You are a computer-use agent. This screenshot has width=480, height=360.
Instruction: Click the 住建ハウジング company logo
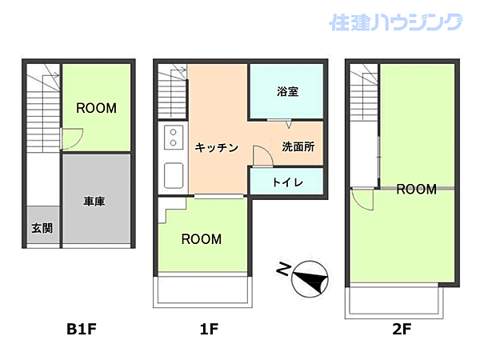(395, 22)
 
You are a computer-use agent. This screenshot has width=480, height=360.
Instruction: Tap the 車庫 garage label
(94, 202)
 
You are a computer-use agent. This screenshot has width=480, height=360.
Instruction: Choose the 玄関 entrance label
(42, 228)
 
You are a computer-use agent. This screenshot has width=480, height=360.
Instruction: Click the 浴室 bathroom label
(287, 91)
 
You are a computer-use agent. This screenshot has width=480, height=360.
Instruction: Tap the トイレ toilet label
(287, 182)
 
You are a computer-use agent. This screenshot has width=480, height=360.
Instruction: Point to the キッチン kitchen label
(216, 147)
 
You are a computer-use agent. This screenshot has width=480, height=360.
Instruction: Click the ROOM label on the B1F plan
(96, 108)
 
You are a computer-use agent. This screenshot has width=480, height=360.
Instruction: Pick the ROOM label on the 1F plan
(201, 238)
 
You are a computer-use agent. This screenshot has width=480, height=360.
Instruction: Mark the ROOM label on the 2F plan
(416, 190)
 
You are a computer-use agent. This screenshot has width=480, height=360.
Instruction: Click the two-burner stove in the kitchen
(173, 139)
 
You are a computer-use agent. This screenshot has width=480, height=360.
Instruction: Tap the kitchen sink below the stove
(174, 174)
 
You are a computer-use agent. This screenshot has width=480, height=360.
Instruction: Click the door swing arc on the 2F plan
(362, 199)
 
